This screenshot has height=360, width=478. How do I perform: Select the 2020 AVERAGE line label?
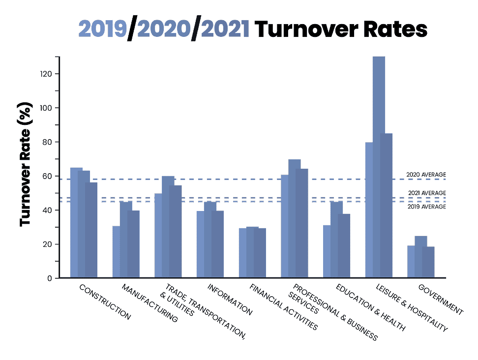coord(426,175)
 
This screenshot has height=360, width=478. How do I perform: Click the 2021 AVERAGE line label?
coord(427,193)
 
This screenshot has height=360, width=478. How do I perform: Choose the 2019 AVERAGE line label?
coord(427,207)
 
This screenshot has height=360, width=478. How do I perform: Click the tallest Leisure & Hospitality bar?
coord(379,167)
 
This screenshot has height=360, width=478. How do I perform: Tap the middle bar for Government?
coord(420,257)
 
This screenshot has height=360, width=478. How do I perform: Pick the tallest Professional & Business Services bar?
coord(294,219)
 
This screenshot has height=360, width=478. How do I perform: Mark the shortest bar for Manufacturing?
coord(116,252)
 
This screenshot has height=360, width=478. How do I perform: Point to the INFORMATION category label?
coord(230,300)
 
